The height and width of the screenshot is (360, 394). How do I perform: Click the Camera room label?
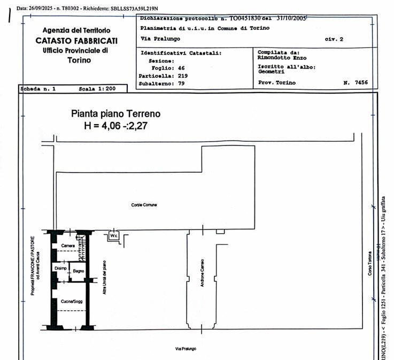click(x=68, y=246)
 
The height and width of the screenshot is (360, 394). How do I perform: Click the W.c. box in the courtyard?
click(x=113, y=235)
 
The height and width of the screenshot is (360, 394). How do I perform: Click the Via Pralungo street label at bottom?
click(x=186, y=349)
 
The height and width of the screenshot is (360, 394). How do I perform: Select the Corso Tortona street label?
click(x=369, y=262)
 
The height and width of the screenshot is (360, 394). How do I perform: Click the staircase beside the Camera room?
click(x=82, y=243)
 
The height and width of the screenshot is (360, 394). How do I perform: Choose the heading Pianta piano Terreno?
click(x=115, y=113)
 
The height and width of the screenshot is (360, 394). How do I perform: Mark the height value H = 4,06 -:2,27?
click(x=115, y=126)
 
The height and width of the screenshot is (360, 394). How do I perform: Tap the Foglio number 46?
click(x=181, y=68)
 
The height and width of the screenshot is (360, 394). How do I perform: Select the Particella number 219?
click(x=183, y=75)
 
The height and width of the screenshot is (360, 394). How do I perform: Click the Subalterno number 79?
click(x=181, y=83)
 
